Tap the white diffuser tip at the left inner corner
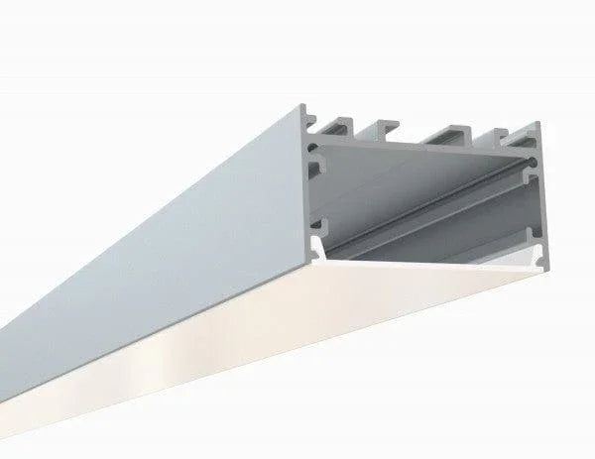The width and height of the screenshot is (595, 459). click(315, 247)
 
